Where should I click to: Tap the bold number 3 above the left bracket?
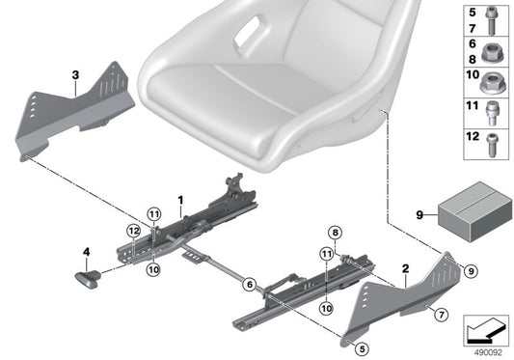(x=74, y=73)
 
